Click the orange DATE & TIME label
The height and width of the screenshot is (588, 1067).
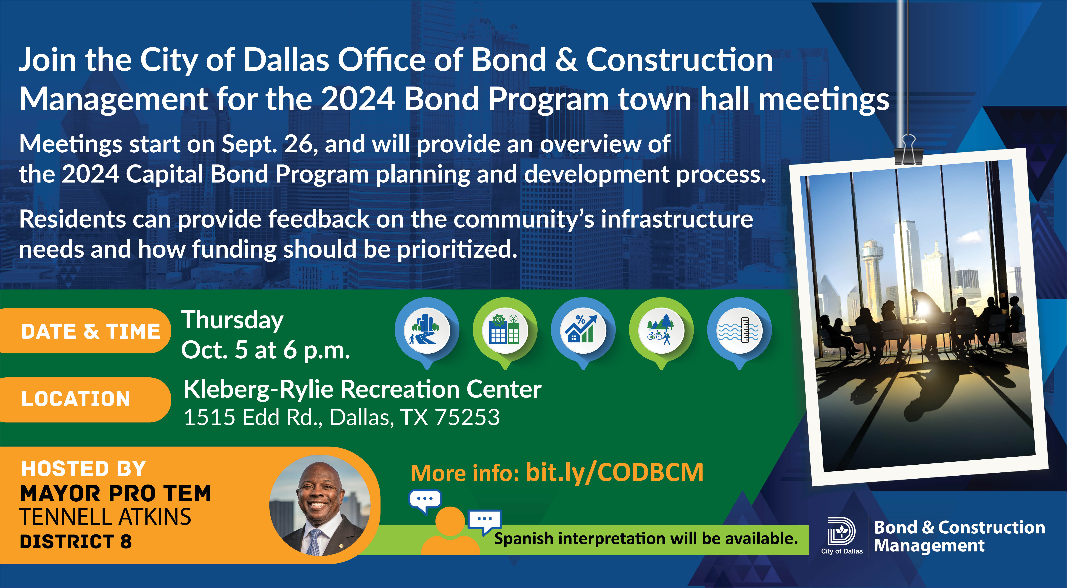(85, 331)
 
